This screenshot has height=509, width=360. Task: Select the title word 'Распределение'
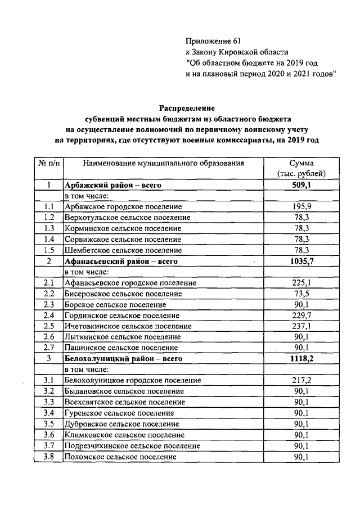point(186,107)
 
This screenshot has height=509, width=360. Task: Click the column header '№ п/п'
point(49,163)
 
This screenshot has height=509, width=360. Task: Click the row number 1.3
point(49,228)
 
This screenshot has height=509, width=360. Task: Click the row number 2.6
point(49,337)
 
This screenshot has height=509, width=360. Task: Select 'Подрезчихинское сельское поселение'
point(132,445)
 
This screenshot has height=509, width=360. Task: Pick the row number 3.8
point(49,457)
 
